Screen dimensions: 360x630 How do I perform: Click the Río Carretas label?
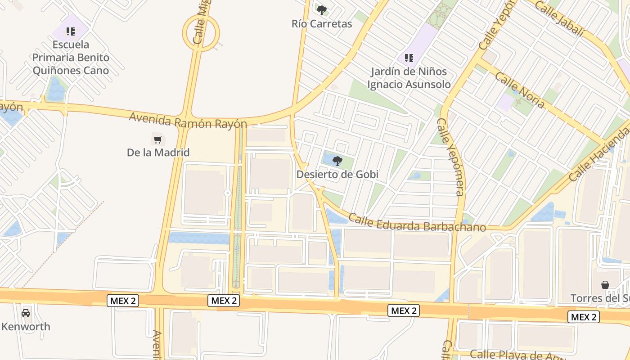pyautogui.click(x=321, y=24)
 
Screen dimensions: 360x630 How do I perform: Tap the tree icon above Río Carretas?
pyautogui.click(x=321, y=10)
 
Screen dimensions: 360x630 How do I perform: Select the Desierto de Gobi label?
pyautogui.click(x=337, y=174)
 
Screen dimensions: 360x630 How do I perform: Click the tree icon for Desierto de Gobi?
pyautogui.click(x=337, y=161)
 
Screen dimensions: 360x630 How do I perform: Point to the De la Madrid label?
pyautogui.click(x=158, y=153)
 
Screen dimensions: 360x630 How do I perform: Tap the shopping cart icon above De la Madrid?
pyautogui.click(x=157, y=140)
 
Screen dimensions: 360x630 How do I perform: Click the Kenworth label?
pyautogui.click(x=26, y=327)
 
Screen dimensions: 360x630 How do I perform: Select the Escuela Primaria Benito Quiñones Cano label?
pyautogui.click(x=71, y=58)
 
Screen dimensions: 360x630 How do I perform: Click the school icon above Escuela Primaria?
pyautogui.click(x=71, y=31)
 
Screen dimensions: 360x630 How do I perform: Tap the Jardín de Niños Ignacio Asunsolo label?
pyautogui.click(x=409, y=78)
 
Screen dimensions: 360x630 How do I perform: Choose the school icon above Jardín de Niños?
pyautogui.click(x=409, y=58)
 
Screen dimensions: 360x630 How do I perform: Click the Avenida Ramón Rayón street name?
pyautogui.click(x=188, y=121)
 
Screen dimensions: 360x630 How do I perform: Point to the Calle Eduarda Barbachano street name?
pyautogui.click(x=417, y=223)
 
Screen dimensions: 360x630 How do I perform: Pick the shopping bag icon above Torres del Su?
pyautogui.click(x=605, y=285)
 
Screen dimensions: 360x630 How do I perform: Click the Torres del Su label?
pyautogui.click(x=600, y=298)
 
